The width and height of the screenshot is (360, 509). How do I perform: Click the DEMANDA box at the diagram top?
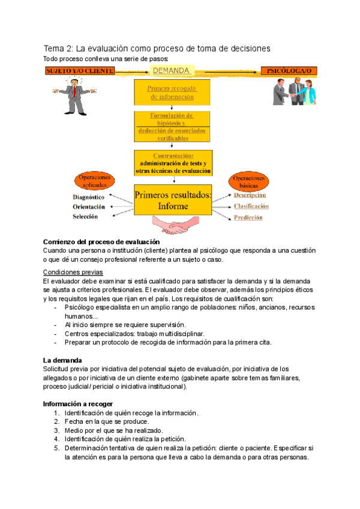171,71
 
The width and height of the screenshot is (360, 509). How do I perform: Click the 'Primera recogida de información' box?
172,92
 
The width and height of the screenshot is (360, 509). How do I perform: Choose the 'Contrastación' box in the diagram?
173,163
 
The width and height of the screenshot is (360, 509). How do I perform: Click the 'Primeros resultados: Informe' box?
173,200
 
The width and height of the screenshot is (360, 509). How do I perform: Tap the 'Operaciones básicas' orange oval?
247,182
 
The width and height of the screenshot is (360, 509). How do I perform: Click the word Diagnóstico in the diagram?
89,197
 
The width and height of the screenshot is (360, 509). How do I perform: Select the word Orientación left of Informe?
89,206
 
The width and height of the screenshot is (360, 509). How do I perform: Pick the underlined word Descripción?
250,195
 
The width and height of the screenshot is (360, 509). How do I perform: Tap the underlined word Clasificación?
251,206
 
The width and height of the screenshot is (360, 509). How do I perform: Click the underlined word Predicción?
248,218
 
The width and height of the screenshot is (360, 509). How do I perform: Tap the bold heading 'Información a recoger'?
79,404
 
